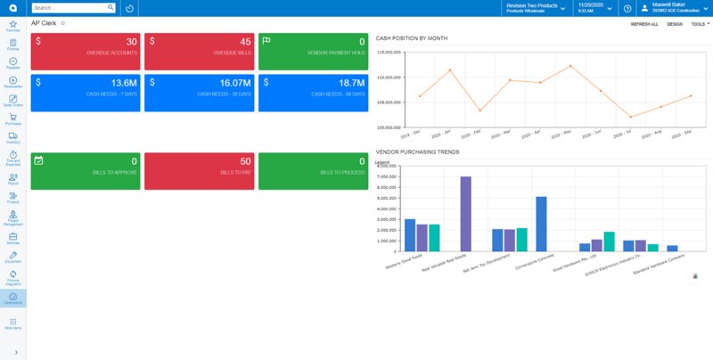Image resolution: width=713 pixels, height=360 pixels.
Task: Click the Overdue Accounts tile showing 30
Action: pos(86,52)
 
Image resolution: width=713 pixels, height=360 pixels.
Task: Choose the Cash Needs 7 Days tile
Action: pos(86,93)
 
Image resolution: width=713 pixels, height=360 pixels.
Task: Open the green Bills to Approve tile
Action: pos(86,170)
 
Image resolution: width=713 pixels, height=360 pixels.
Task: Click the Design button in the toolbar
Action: pos(675,24)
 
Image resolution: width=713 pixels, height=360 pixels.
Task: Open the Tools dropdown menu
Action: pos(700,24)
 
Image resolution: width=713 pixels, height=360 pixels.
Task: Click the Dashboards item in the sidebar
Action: pos(13,299)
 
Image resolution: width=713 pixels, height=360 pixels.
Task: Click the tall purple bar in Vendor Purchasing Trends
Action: pos(465,214)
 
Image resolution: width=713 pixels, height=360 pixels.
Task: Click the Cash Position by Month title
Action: pos(412,38)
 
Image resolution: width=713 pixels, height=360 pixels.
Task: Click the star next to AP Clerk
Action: pos(62,23)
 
